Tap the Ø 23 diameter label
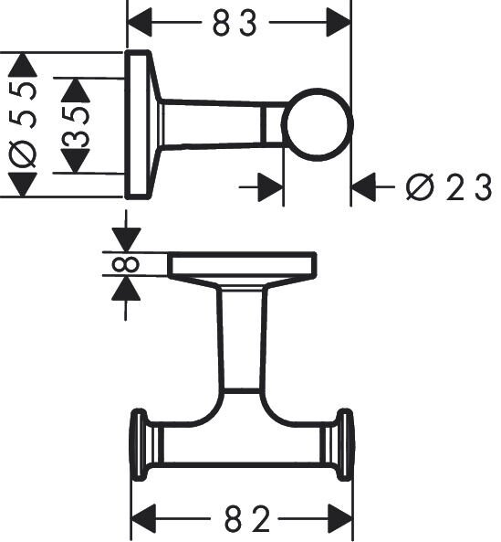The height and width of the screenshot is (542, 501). (x=448, y=188)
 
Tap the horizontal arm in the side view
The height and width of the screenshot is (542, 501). (x=219, y=123)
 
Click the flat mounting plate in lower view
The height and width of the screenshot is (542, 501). (x=242, y=265)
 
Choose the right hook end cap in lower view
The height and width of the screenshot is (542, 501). (x=345, y=445)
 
